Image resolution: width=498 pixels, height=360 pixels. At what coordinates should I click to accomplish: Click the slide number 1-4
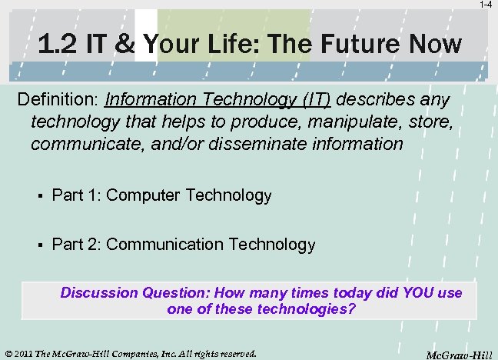click(486, 5)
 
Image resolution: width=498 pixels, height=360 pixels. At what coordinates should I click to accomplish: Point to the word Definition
click(57, 101)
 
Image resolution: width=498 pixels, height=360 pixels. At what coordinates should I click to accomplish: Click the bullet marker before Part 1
click(38, 196)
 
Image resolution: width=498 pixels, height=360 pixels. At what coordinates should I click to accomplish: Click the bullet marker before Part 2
click(38, 245)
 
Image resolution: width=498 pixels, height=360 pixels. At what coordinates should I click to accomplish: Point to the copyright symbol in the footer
click(8, 354)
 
